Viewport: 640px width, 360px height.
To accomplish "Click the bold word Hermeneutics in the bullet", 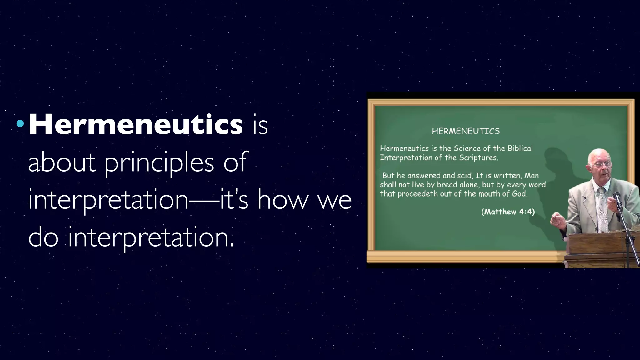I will pos(136,124).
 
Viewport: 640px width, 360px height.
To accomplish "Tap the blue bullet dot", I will pos(20,124).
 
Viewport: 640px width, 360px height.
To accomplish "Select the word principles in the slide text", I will pos(159,162).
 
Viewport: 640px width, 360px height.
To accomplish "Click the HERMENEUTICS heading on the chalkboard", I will pos(466,131).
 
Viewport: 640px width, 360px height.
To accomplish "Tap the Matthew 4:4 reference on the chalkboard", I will pos(508,212).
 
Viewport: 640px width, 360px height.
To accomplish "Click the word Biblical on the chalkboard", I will pos(520,148).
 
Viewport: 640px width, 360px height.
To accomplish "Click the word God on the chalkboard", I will pos(520,194).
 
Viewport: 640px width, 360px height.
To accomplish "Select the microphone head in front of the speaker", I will pos(617,196).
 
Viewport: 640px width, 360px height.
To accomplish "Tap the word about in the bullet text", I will pos(62,162).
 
